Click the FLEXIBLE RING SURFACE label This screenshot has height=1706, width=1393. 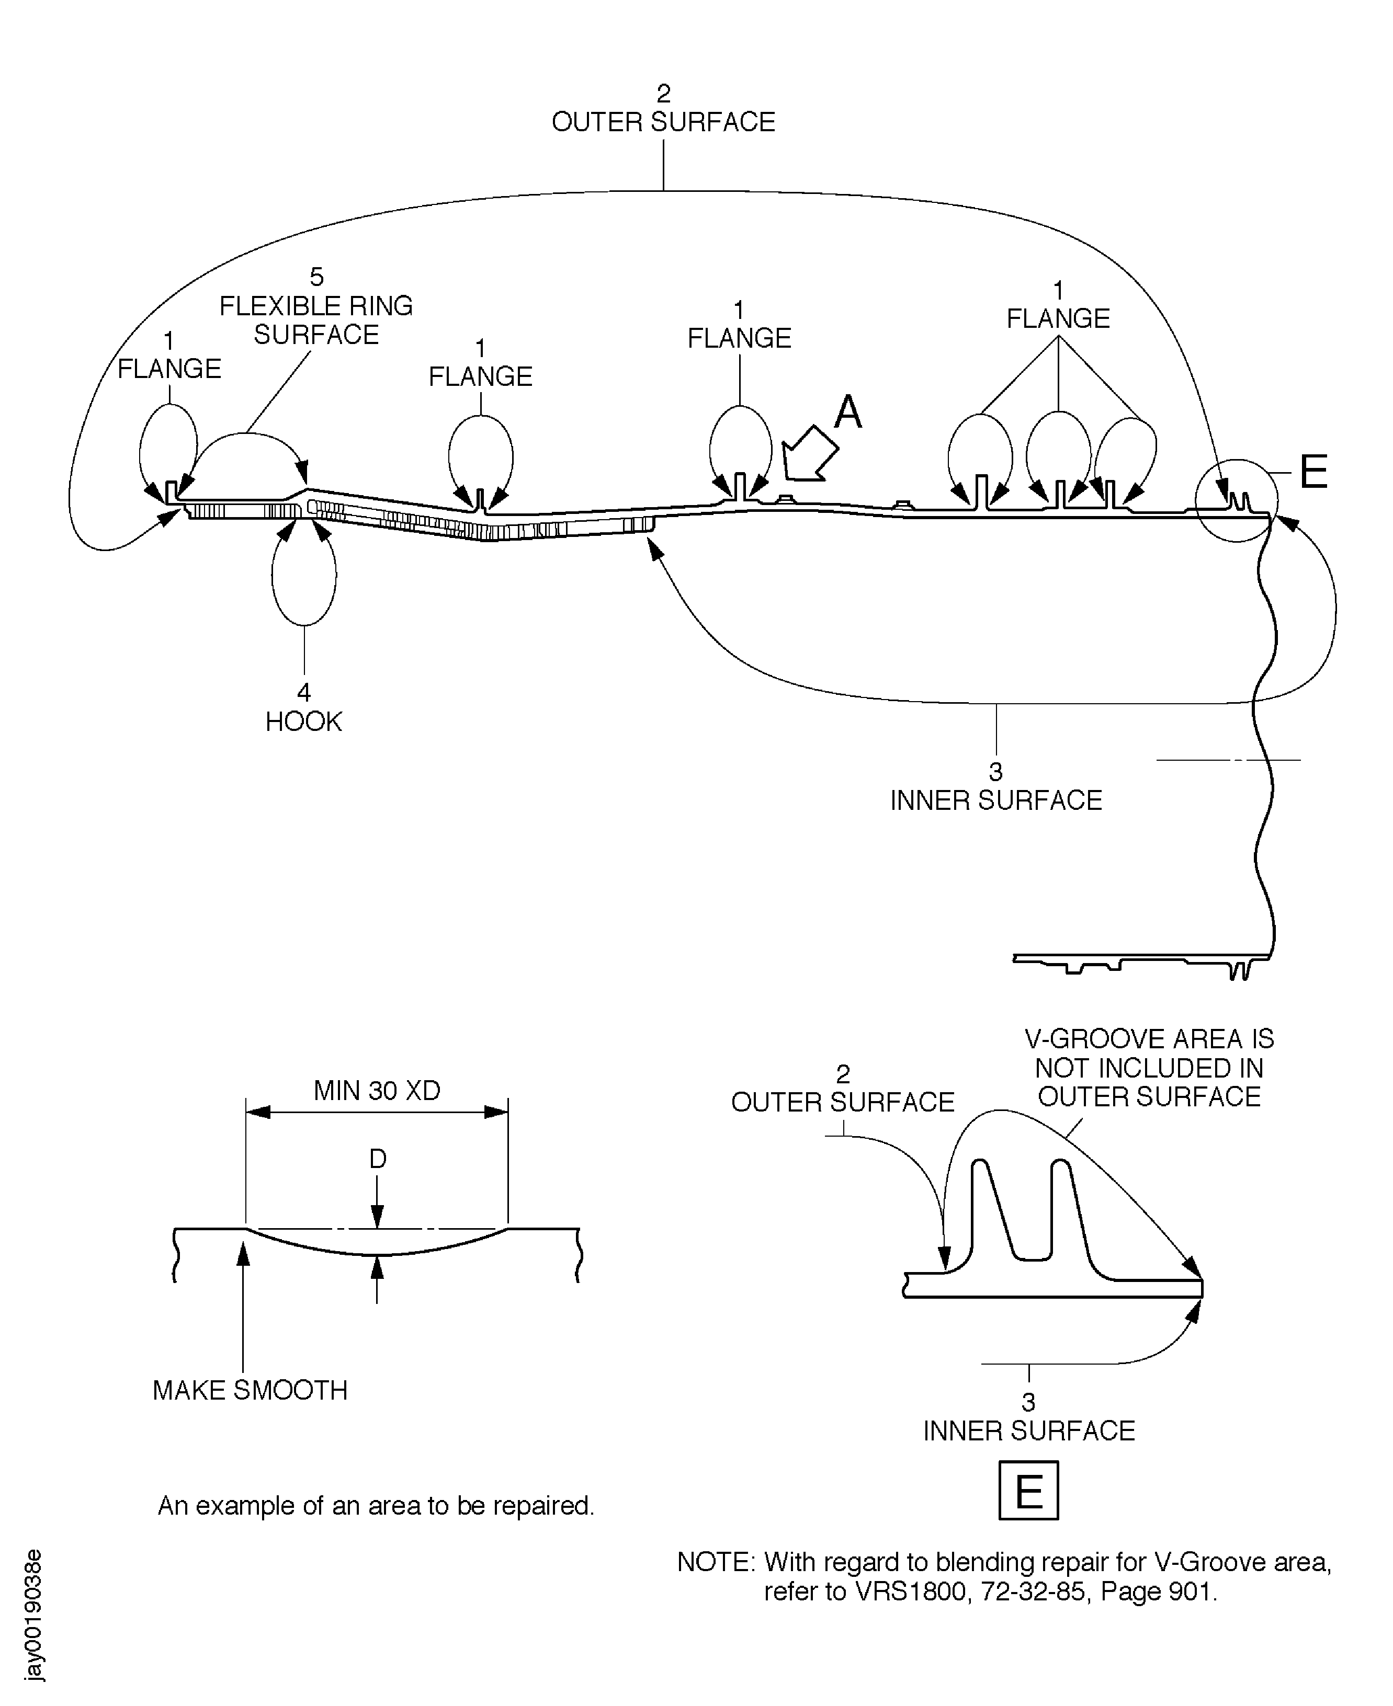[316, 320]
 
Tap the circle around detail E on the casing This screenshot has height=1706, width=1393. [1236, 500]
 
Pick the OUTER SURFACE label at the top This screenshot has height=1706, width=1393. [663, 122]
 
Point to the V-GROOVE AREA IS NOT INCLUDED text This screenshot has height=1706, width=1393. [1149, 1068]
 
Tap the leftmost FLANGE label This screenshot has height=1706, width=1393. [169, 368]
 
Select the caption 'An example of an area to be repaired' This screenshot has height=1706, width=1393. [376, 1505]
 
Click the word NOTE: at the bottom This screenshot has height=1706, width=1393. [716, 1562]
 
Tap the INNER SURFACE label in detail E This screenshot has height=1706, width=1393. [1029, 1430]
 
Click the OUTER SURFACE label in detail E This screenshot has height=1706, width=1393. [843, 1101]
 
